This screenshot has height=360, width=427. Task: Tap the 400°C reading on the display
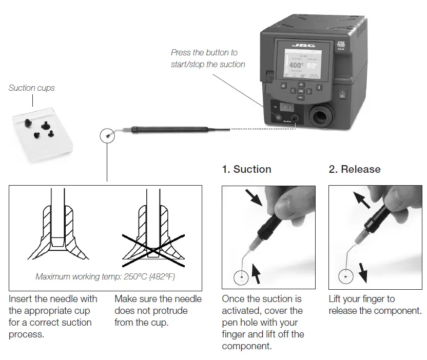pos(296,65)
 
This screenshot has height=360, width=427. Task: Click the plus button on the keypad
pos(301,84)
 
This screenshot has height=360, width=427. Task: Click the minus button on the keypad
pos(301,97)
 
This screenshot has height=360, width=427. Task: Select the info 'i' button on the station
pos(319,87)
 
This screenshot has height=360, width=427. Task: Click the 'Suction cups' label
pos(31,88)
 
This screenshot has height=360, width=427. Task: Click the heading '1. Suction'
pos(246,169)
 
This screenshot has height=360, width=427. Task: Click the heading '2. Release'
pos(355,169)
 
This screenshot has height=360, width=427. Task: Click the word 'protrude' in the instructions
pos(172,311)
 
